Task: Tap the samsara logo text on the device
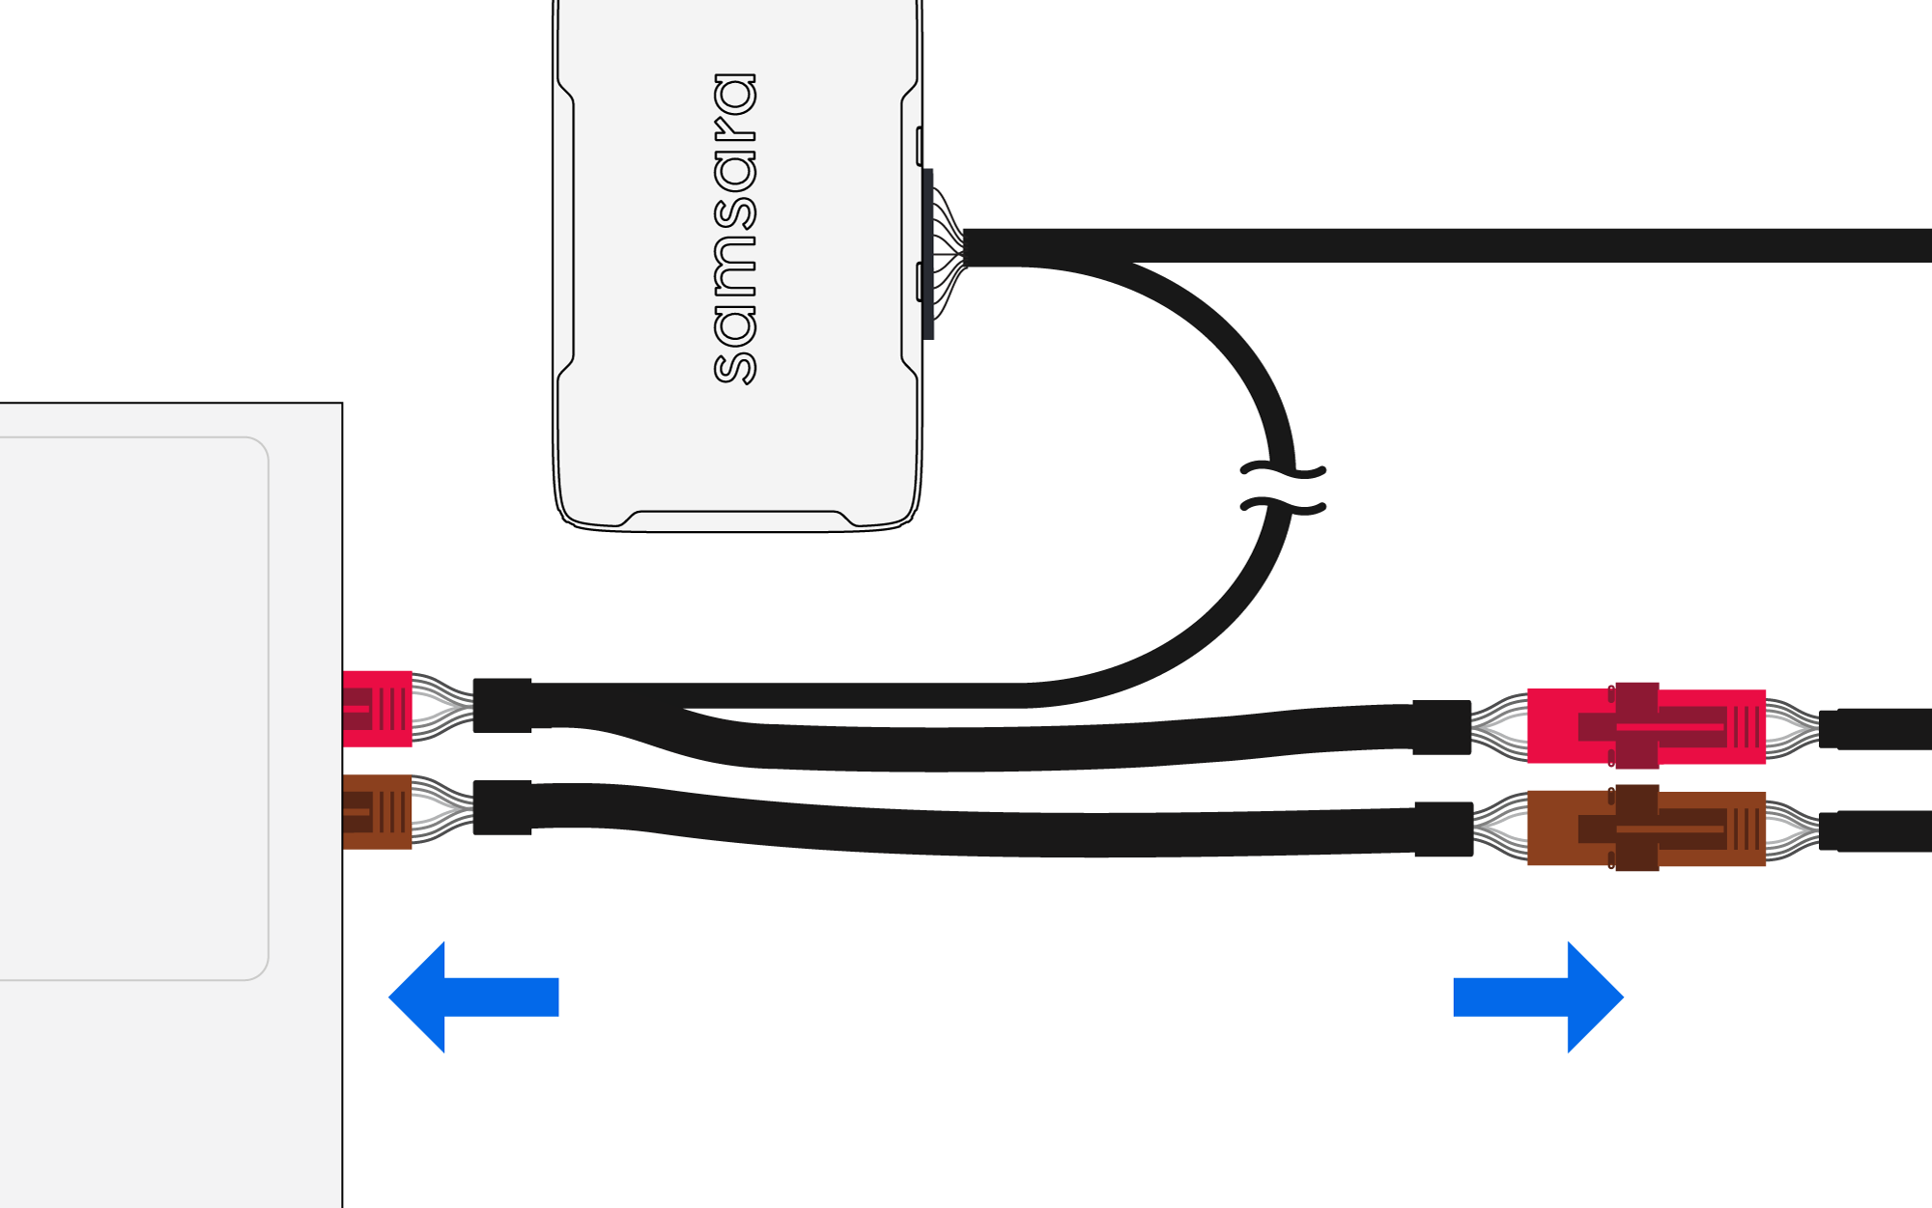pyautogui.click(x=734, y=228)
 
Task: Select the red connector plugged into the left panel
pyautogui.click(x=378, y=709)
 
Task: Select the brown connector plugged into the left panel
pyautogui.click(x=378, y=811)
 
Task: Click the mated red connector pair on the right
pyautogui.click(x=1646, y=726)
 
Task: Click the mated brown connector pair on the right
pyautogui.click(x=1646, y=829)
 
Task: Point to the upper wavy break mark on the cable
pyautogui.click(x=1283, y=471)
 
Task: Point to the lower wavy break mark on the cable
pyautogui.click(x=1283, y=505)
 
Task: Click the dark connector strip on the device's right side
pyautogui.click(x=927, y=254)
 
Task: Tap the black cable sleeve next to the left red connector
pyautogui.click(x=502, y=706)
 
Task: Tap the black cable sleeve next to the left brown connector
pyautogui.click(x=502, y=807)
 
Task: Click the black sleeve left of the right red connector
pyautogui.click(x=1441, y=727)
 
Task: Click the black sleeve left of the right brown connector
pyautogui.click(x=1443, y=829)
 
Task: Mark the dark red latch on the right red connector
pyautogui.click(x=1636, y=725)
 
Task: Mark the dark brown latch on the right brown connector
pyautogui.click(x=1636, y=828)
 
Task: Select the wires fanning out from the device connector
pyautogui.click(x=948, y=253)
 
